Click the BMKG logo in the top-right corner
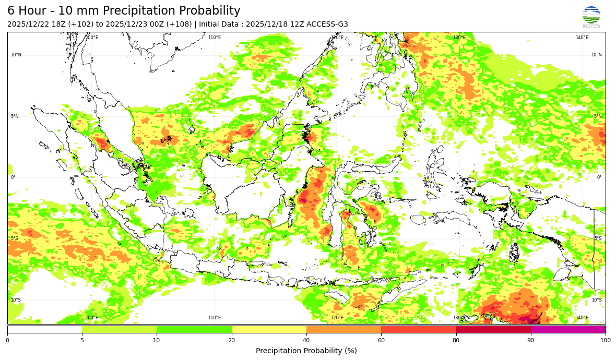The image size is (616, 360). pos(591,17)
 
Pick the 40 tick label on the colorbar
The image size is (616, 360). pos(306,341)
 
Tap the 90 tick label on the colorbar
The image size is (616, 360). pos(530,341)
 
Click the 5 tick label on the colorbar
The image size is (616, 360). pos(82,341)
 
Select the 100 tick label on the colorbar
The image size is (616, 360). pos(605,341)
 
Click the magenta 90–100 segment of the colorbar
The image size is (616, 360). pos(568,330)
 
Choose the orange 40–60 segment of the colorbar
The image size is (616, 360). pos(343,330)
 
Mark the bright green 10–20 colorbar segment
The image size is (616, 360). pos(194,330)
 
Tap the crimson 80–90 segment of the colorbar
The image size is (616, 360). pos(493,330)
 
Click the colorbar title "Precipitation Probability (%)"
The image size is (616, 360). pos(306,351)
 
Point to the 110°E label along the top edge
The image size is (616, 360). pos(215,38)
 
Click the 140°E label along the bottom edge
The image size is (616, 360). pos(582,318)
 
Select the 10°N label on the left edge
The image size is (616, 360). pos(16,55)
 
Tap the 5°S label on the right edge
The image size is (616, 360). pos(598,238)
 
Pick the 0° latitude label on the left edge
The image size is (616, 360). pos(13,177)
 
